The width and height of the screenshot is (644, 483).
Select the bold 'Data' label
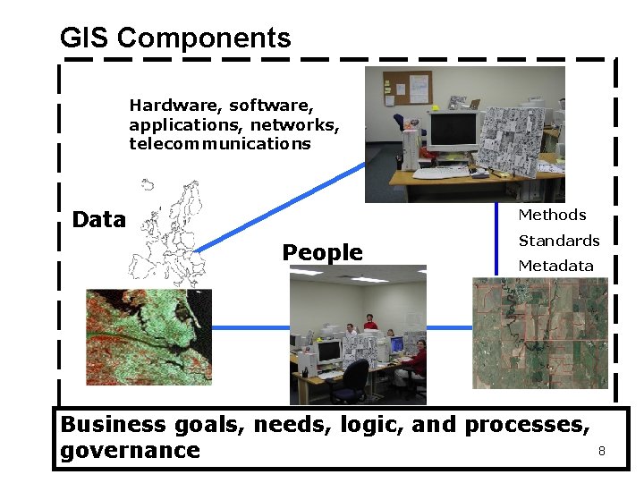point(98,220)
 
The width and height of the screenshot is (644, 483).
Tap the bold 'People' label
point(322,253)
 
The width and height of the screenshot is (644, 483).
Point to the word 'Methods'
point(552,215)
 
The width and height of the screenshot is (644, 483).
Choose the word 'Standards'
point(559,241)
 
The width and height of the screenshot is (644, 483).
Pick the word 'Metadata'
point(555,266)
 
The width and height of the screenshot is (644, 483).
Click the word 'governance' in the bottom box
point(130,450)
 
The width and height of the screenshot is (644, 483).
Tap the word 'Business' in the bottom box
point(113,424)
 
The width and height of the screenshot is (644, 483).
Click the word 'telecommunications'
point(220,143)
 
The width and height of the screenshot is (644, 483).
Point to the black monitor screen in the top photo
point(453,131)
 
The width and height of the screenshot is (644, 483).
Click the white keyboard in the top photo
point(442,173)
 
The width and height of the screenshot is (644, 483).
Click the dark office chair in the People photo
point(348,381)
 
